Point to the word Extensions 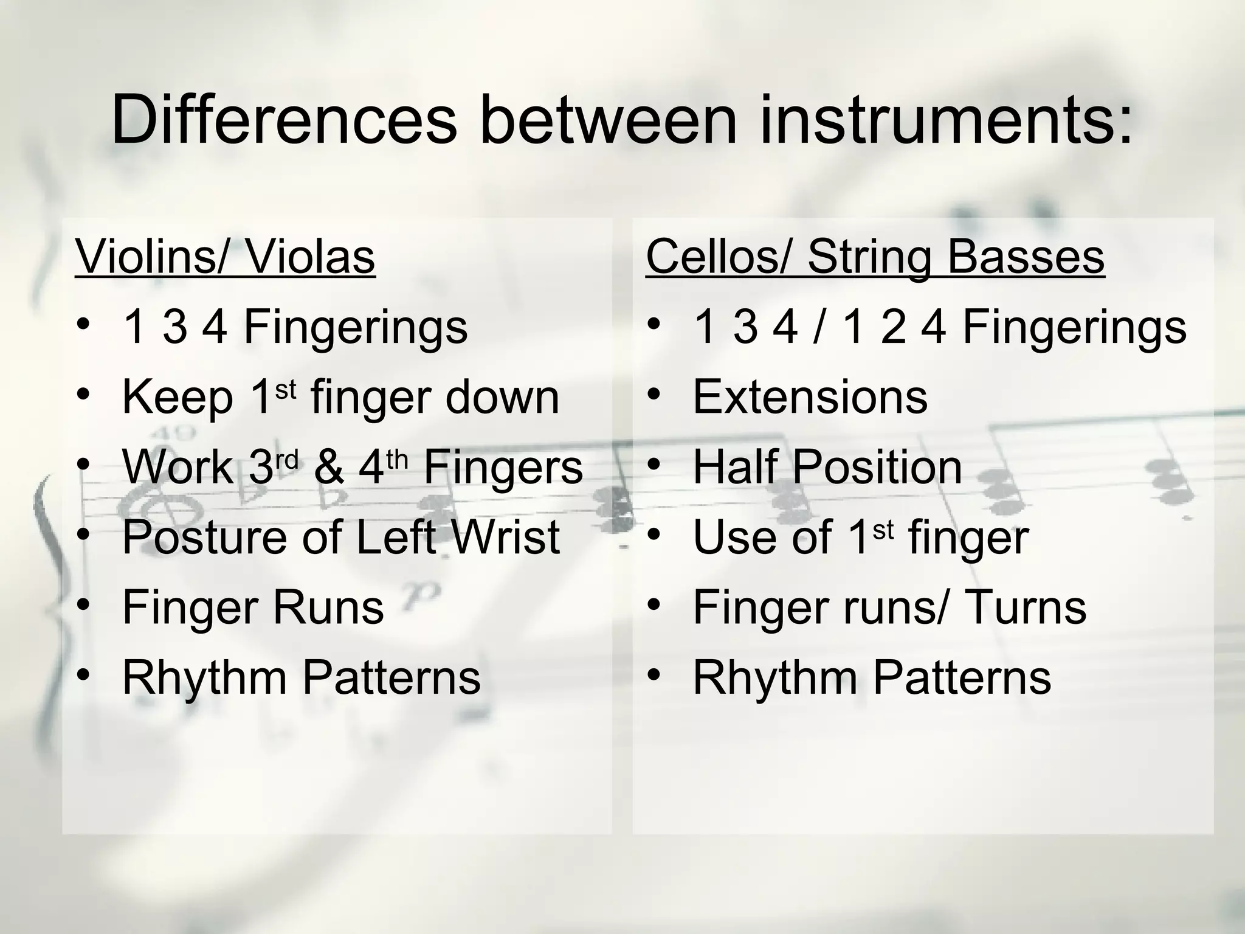pyautogui.click(x=810, y=397)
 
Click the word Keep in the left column pyautogui.click(x=178, y=397)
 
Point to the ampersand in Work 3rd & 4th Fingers pyautogui.click(x=329, y=467)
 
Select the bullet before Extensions pyautogui.click(x=654, y=395)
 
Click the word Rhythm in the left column pyautogui.click(x=204, y=677)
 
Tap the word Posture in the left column pyautogui.click(x=204, y=537)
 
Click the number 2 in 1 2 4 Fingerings pyautogui.click(x=892, y=327)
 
